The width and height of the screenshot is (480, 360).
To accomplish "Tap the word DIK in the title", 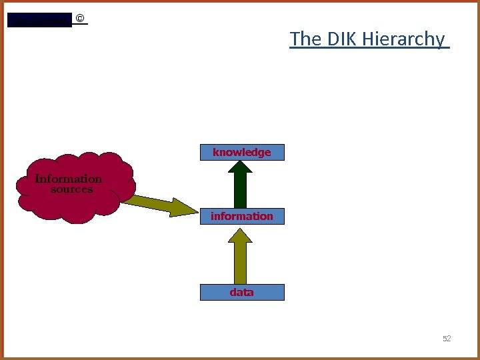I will [343, 39].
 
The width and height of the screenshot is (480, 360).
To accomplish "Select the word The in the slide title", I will [306, 39].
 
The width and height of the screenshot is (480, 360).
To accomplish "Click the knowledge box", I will [242, 153].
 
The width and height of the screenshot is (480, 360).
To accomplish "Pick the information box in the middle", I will [242, 216].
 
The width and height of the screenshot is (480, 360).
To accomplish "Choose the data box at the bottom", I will [242, 292].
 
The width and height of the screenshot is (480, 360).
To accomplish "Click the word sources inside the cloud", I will [72, 189].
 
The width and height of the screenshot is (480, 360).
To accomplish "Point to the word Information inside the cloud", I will [69, 179].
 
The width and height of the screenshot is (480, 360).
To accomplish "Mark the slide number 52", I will [447, 339].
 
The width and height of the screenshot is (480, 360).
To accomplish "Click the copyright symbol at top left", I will [80, 19].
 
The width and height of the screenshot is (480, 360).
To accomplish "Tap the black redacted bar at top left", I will [39, 19].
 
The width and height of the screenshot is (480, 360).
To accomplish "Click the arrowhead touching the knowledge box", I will [241, 168].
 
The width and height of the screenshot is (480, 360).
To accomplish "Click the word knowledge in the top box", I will [242, 153].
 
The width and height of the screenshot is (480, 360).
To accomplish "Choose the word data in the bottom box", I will [241, 292].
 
